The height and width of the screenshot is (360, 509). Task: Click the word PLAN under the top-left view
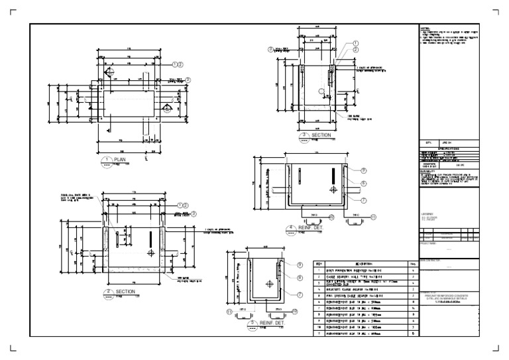[120, 160]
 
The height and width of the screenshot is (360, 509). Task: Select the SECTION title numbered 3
[321, 135]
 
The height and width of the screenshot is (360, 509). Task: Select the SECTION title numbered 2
[125, 291]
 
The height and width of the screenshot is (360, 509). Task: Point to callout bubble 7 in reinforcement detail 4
[364, 200]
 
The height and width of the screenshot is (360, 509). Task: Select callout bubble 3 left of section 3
[270, 49]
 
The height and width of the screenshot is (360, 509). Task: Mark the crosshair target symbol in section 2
[151, 253]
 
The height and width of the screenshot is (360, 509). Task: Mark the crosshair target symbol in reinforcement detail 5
[270, 283]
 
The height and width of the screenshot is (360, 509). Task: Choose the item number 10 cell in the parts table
[319, 327]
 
